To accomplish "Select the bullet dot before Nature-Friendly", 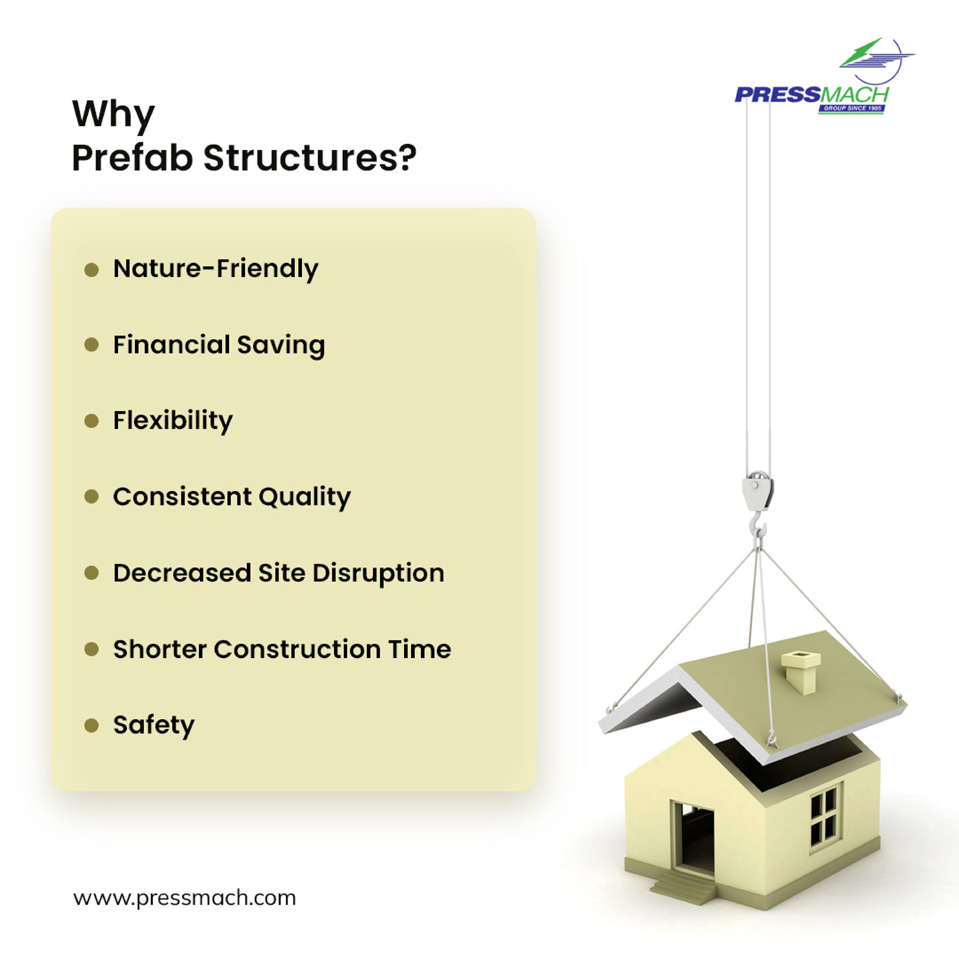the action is pos(91,270).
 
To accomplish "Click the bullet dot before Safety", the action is pos(91,726).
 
